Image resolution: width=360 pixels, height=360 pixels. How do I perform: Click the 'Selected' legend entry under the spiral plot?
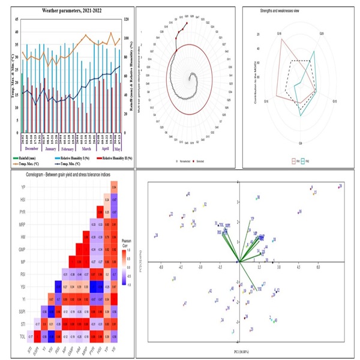[201, 161]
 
